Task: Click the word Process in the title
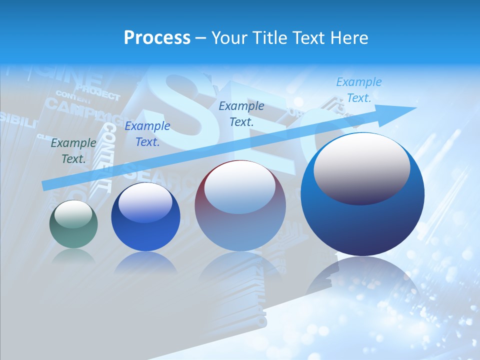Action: pos(157,38)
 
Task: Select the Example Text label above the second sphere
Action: pos(147,134)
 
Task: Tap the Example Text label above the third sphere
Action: pos(241,113)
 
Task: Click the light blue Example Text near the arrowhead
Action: pos(359,90)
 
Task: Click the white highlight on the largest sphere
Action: pos(361,167)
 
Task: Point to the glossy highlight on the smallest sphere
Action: pos(73,214)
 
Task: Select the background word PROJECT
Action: pos(98,93)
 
